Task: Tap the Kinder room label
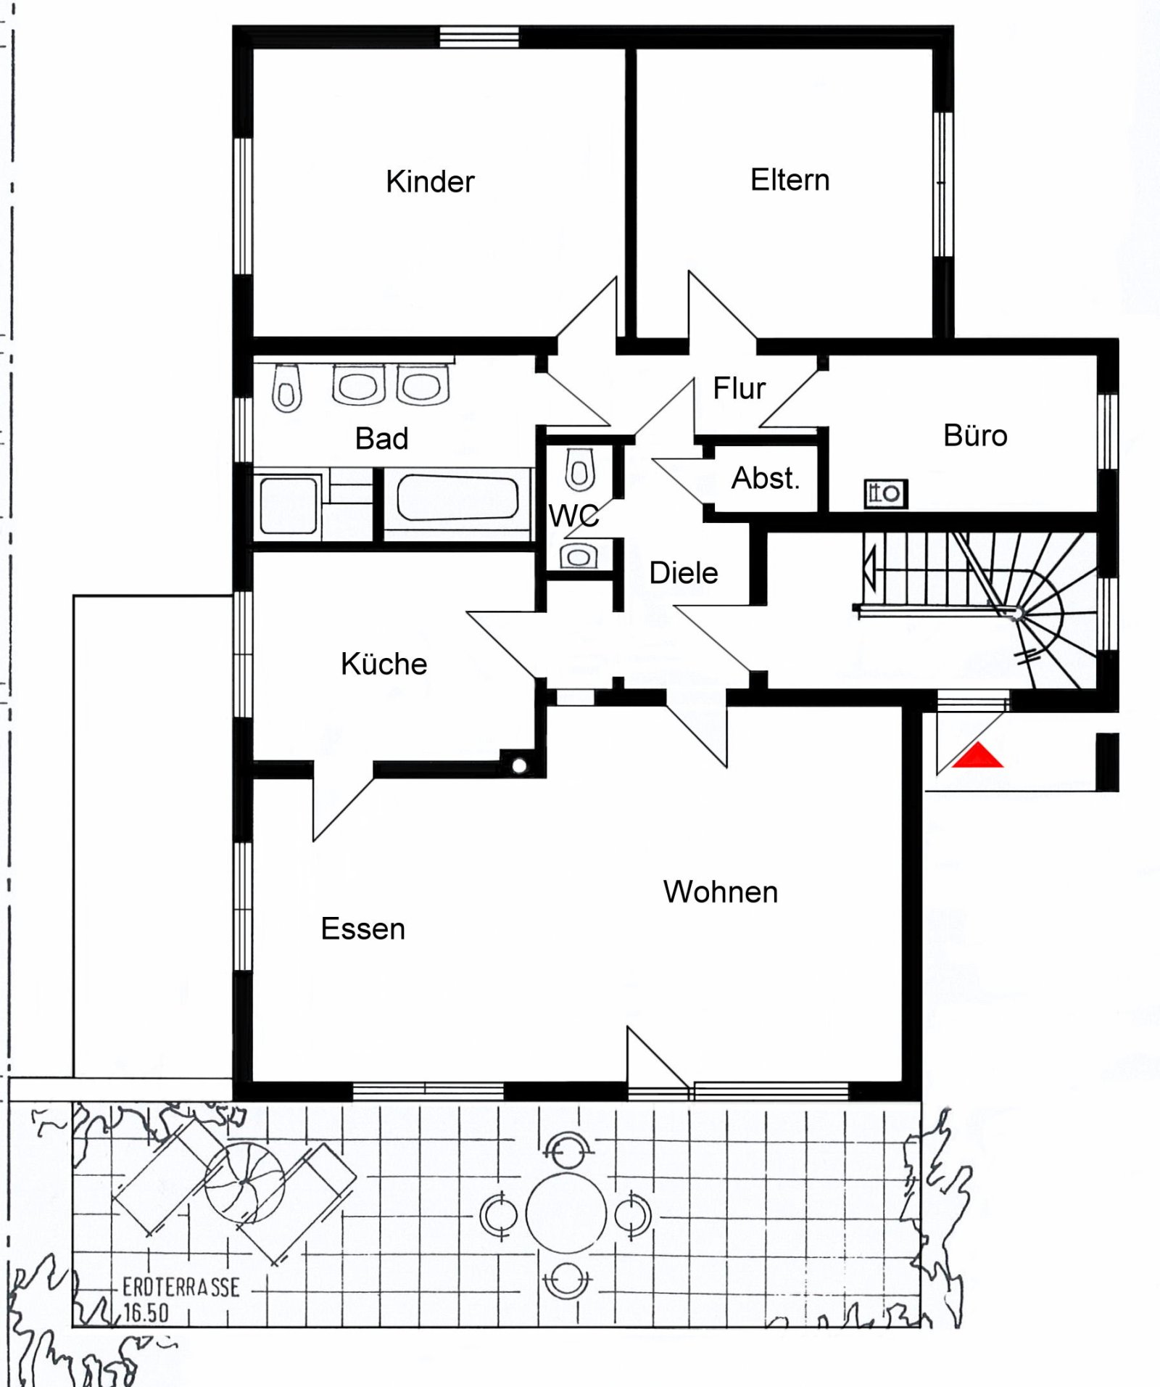pos(430,181)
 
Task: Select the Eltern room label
pos(790,180)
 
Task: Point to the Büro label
pos(975,435)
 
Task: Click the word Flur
pos(739,388)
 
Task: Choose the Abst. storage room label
pos(765,478)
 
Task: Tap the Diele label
pos(683,573)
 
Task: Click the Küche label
pos(384,664)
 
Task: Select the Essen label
pos(362,929)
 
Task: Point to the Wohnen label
pos(720,892)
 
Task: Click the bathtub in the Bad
pos(457,498)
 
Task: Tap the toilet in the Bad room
pos(287,387)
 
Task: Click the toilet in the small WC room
pos(579,469)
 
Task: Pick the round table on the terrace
pos(565,1214)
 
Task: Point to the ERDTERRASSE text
pos(181,1288)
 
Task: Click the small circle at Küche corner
pos(519,766)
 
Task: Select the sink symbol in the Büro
pos(885,494)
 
